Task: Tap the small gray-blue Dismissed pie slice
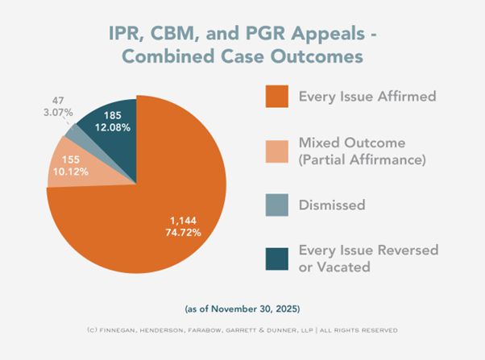click(74, 130)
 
